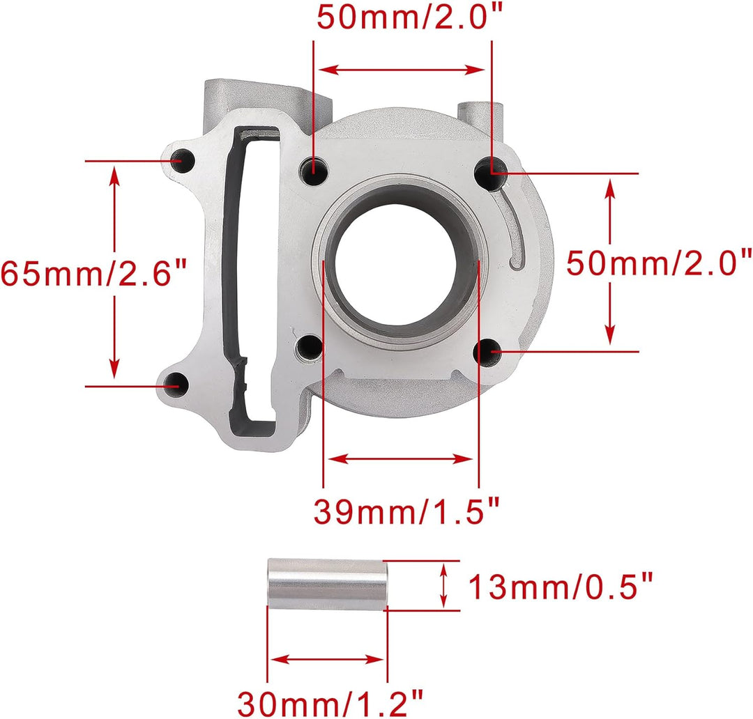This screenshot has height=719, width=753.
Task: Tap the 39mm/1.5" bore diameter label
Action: point(406,511)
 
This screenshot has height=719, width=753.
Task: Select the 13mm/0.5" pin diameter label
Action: point(561,587)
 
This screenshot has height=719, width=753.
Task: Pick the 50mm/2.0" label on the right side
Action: point(659,263)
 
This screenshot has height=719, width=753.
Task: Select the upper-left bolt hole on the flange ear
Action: point(178,160)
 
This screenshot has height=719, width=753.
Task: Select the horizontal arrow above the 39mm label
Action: point(401,458)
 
